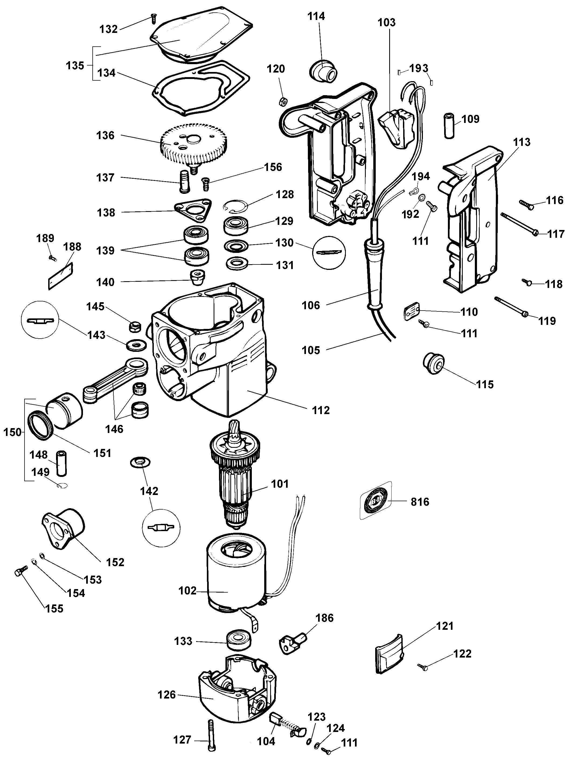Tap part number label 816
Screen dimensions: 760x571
point(420,502)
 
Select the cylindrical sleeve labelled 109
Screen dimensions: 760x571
point(449,126)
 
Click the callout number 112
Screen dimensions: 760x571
point(321,410)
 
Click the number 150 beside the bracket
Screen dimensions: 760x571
point(12,432)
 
